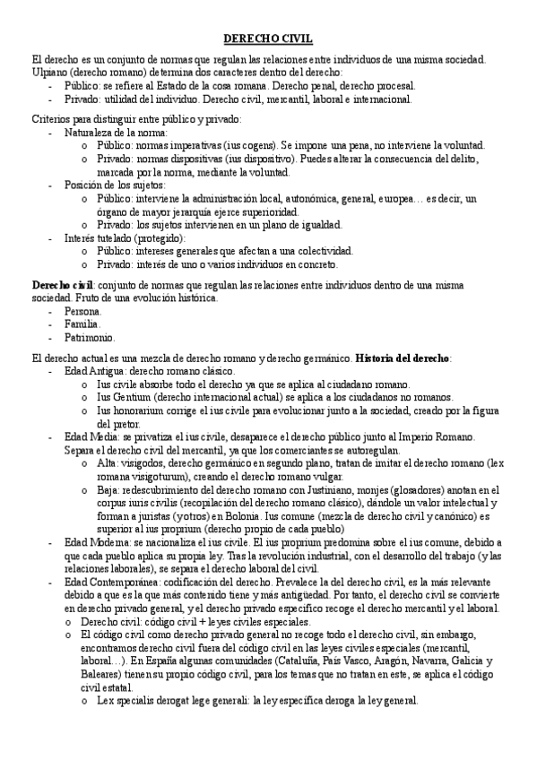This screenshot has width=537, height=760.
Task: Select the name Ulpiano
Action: [x=50, y=72]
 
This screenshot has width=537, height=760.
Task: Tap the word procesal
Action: [x=392, y=85]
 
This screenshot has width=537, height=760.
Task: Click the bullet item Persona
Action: [x=83, y=310]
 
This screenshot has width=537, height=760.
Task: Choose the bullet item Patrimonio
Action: [x=90, y=337]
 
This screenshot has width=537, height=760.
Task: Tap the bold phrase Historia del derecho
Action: [x=403, y=358]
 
